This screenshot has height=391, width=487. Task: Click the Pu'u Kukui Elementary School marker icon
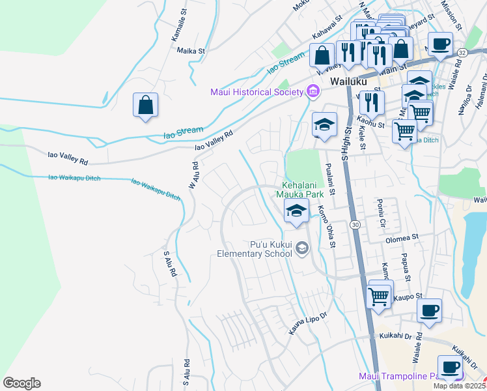[301, 248]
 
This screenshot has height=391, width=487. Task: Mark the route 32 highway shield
[462, 51]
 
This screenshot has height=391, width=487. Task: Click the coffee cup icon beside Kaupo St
[429, 310]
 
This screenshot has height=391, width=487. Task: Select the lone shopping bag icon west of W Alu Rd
[146, 104]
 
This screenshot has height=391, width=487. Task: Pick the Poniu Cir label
[382, 216]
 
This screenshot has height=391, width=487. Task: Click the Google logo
[21, 383]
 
